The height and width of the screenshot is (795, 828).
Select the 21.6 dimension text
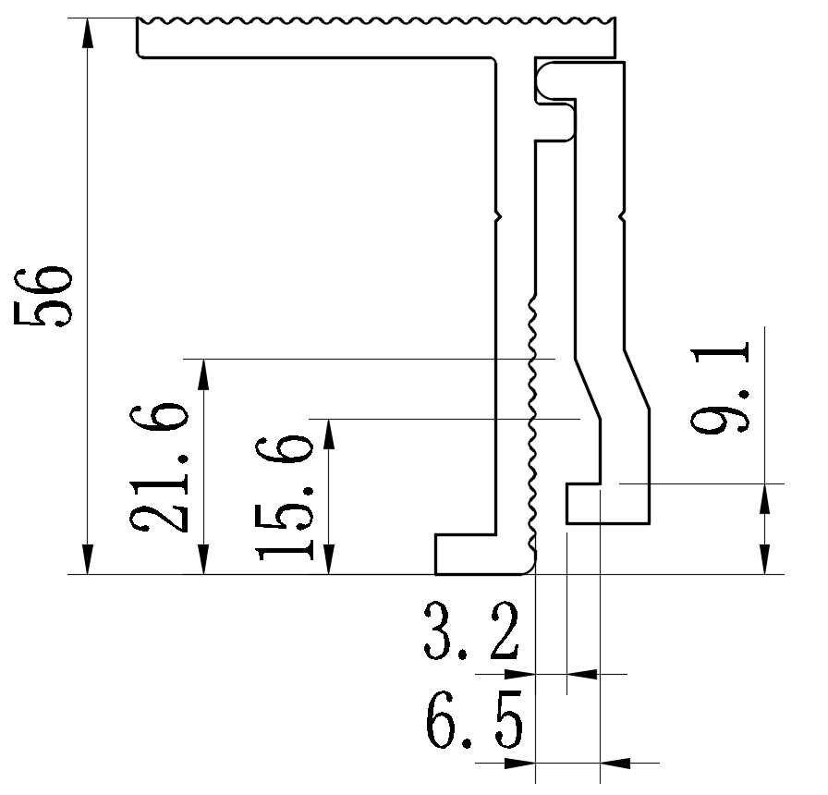(161, 468)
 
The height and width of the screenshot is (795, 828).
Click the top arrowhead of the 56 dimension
(88, 32)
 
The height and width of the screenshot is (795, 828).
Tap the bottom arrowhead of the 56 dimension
(88, 560)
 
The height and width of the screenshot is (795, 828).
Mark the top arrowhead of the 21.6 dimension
(204, 372)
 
